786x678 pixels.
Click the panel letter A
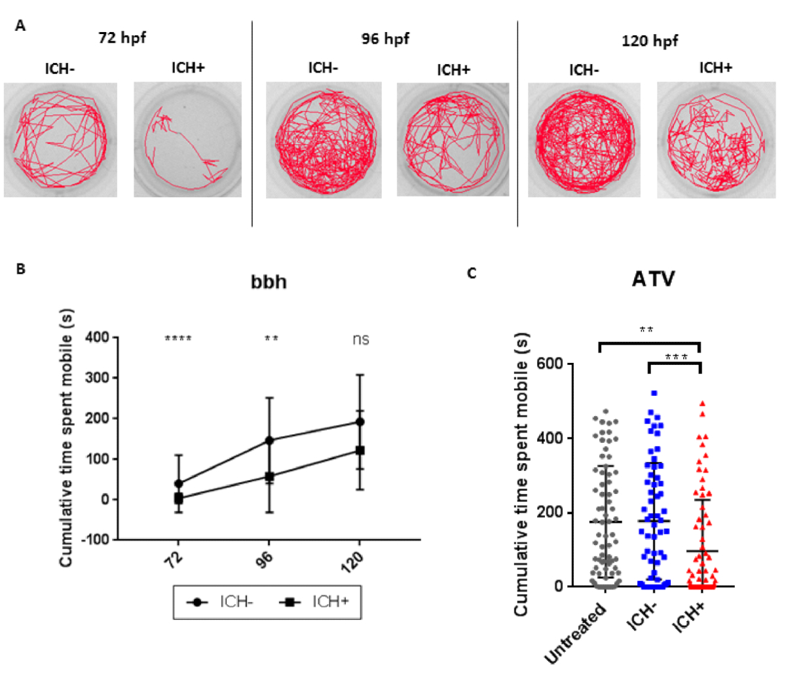[21, 27]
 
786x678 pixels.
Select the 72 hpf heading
[122, 37]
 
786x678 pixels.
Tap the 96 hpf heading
[385, 39]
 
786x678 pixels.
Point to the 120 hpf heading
[649, 41]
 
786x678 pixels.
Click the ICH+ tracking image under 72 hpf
[188, 139]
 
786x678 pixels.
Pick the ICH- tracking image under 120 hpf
[584, 140]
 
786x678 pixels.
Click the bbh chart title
[269, 282]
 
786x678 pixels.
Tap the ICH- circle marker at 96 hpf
[269, 440]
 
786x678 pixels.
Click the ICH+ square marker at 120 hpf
[359, 451]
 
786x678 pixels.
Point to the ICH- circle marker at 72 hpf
[178, 484]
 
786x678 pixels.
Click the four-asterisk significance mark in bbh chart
[178, 339]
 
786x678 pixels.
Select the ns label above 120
[360, 339]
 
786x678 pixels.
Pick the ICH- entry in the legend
[223, 601]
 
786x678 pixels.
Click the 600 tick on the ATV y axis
[548, 364]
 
